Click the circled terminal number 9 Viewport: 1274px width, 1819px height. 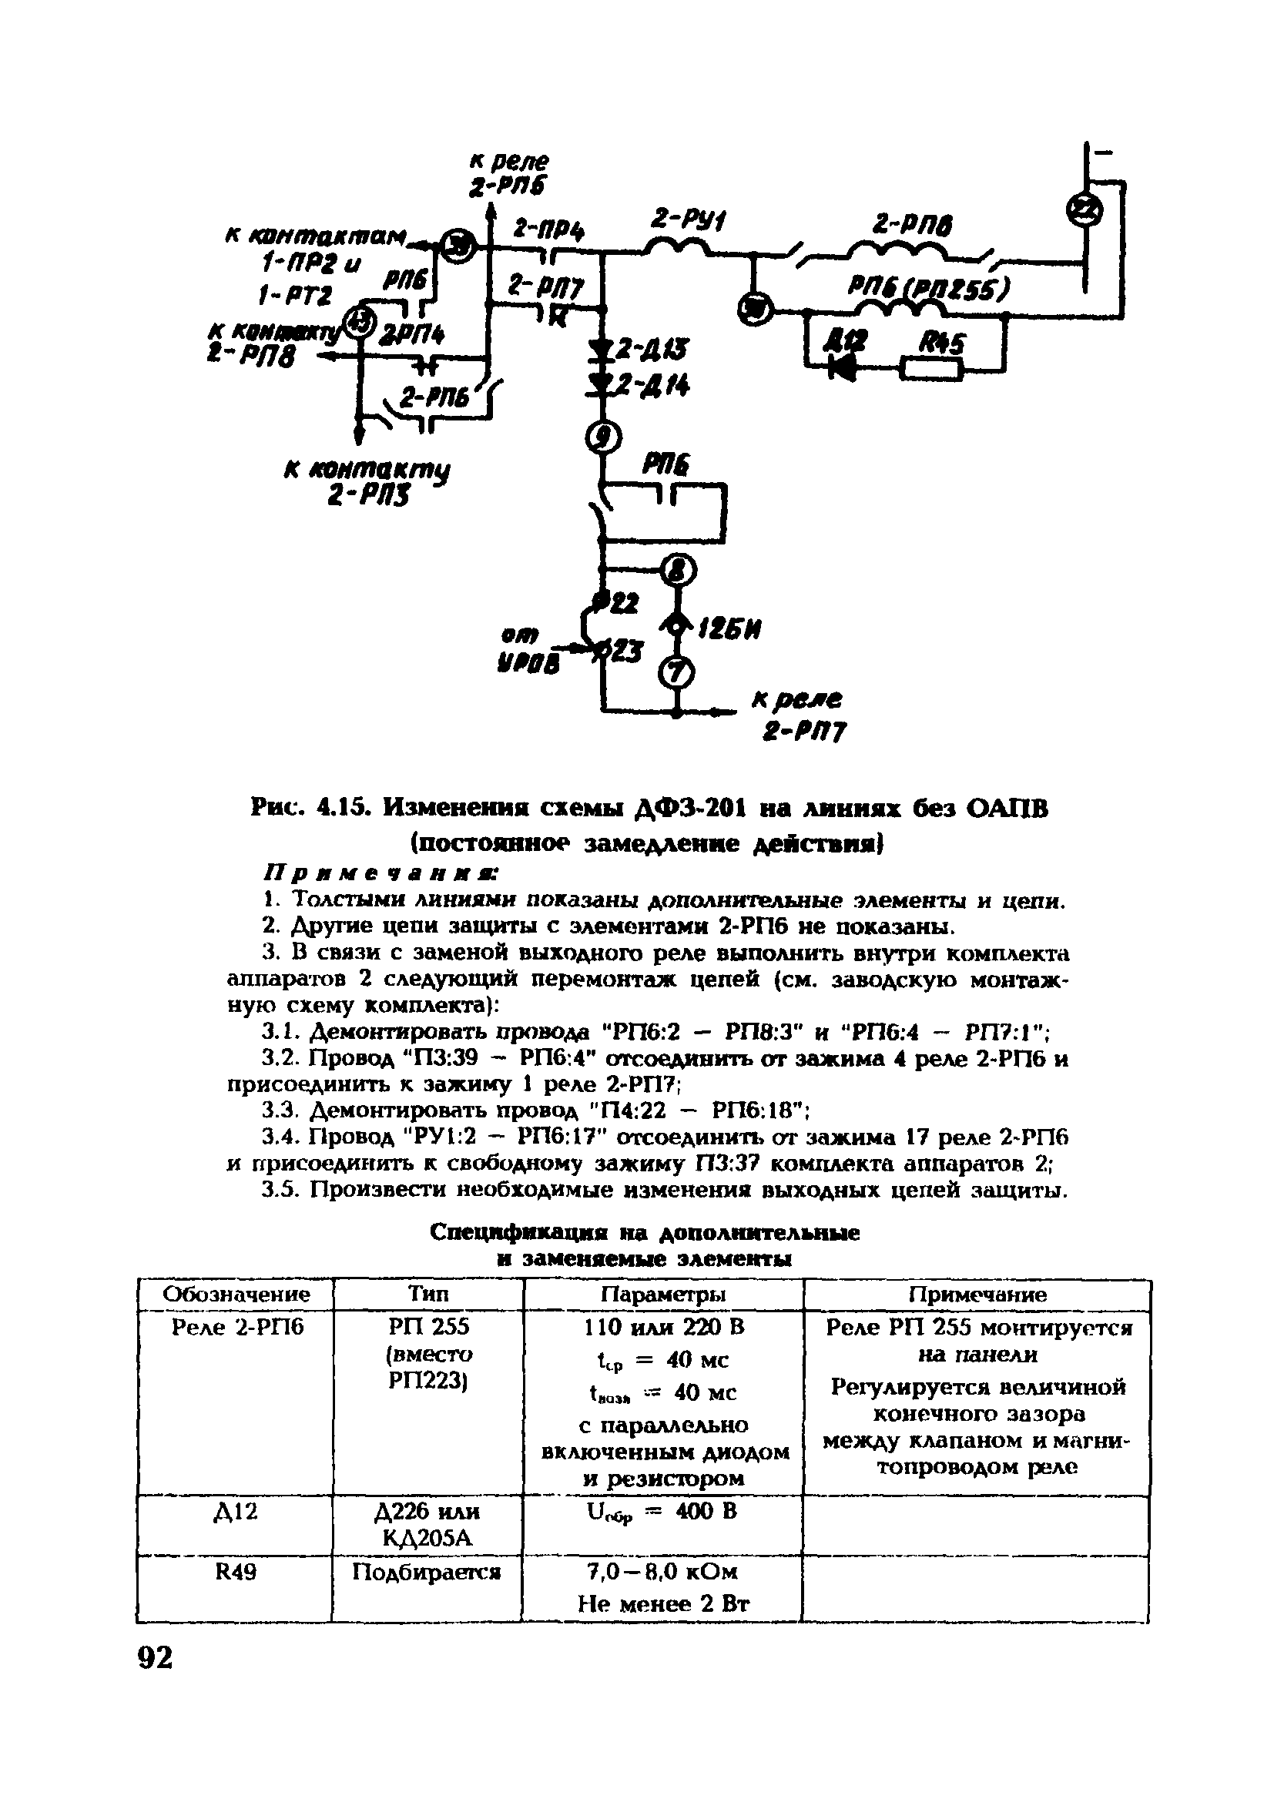point(605,437)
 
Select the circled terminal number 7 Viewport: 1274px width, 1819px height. point(678,672)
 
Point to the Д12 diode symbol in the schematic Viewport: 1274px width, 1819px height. point(841,366)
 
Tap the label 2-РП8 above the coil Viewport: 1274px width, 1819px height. point(912,226)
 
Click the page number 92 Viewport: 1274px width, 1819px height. point(155,1657)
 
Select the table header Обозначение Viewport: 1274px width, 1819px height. point(236,1295)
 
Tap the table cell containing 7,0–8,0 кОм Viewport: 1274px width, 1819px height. point(662,1571)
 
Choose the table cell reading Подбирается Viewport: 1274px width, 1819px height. point(426,1571)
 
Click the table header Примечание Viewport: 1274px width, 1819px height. point(976,1295)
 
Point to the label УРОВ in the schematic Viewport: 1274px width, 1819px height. point(528,662)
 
